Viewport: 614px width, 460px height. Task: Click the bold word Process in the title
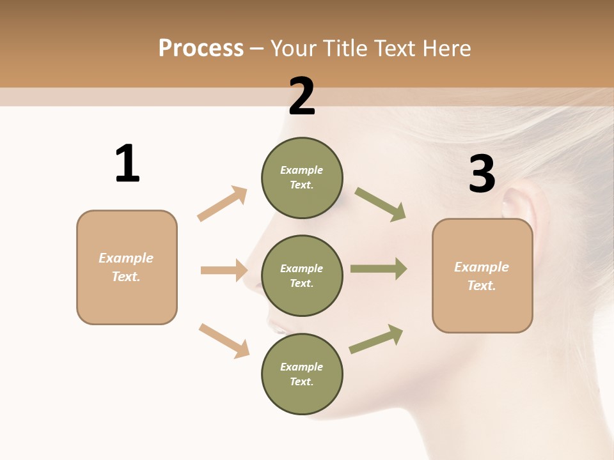(201, 49)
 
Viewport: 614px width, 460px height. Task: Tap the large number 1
(127, 164)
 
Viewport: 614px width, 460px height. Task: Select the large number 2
(302, 97)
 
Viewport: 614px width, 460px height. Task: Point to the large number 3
(482, 174)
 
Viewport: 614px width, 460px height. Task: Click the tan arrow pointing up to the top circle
(223, 203)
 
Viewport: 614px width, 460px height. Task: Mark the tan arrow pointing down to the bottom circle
(224, 341)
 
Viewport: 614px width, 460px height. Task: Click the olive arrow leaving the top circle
(380, 204)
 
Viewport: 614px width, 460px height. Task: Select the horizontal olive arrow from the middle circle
(379, 268)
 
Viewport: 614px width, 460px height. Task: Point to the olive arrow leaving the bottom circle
(376, 339)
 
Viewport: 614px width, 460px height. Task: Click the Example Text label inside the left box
(126, 267)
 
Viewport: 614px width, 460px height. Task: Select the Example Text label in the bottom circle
(302, 374)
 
